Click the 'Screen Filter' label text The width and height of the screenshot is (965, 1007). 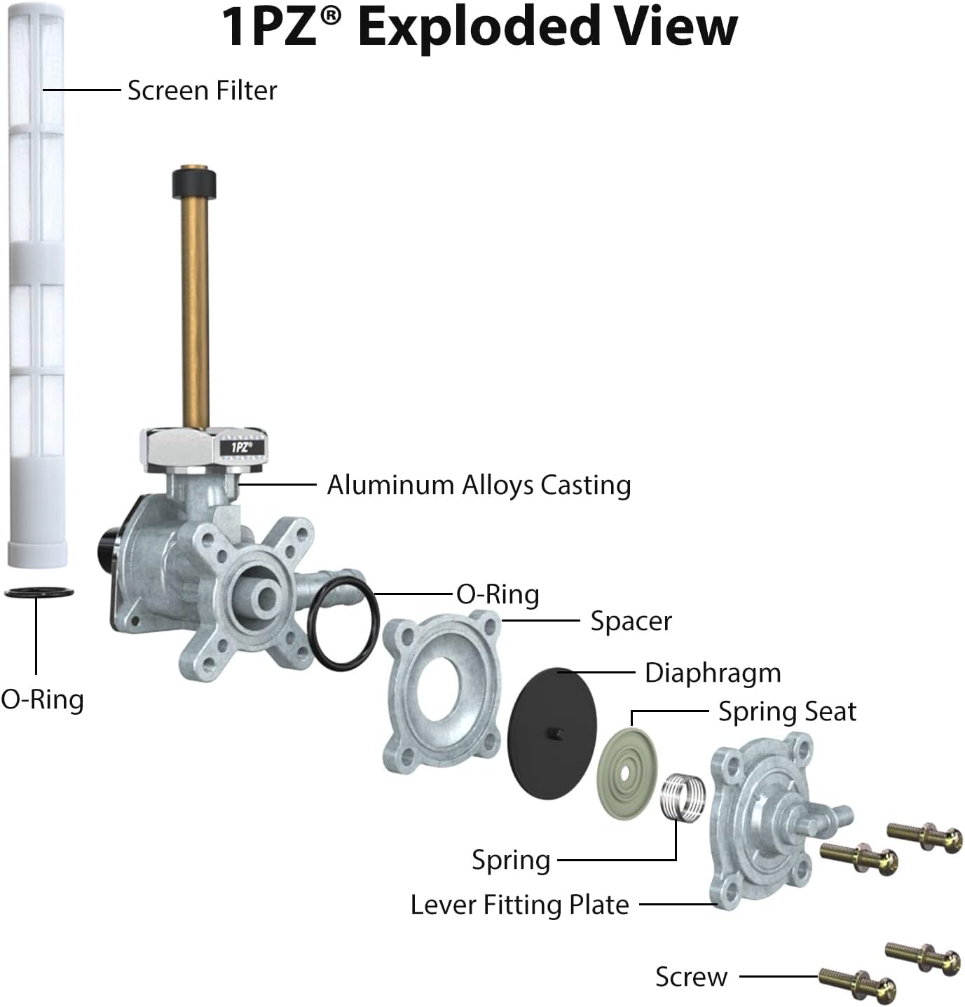click(203, 90)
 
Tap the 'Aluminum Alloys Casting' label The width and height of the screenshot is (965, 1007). click(479, 486)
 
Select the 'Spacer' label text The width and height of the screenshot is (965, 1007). click(631, 621)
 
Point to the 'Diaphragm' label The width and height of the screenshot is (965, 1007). click(713, 673)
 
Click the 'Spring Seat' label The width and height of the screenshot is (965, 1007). click(787, 711)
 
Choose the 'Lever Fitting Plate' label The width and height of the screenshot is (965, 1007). click(519, 905)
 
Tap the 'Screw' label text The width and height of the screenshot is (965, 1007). click(691, 977)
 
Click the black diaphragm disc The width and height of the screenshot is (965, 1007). click(552, 733)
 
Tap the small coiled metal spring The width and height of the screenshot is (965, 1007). click(683, 797)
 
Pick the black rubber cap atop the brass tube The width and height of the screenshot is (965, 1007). click(194, 183)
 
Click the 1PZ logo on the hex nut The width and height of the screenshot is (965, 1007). click(242, 447)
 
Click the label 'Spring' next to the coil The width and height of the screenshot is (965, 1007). click(511, 861)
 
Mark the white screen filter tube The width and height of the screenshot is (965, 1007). click(36, 285)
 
